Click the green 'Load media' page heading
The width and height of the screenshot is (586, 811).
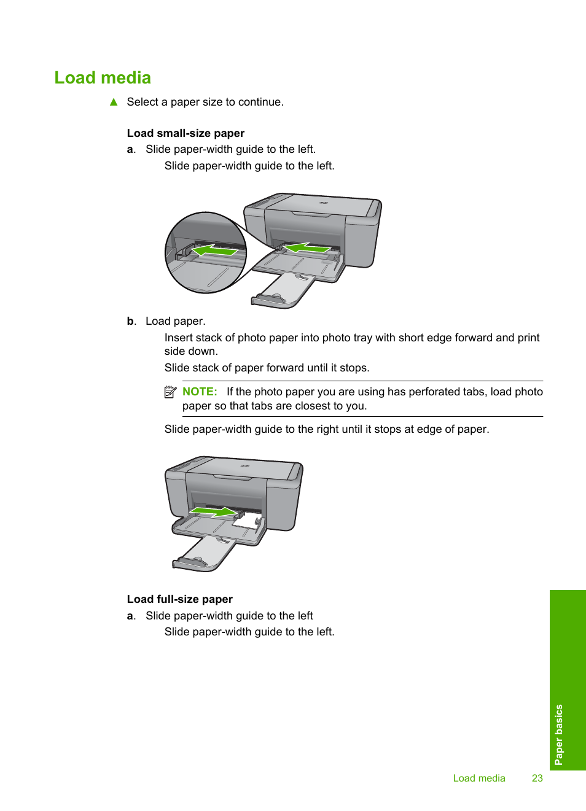[103, 78]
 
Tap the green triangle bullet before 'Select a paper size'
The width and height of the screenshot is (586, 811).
[114, 102]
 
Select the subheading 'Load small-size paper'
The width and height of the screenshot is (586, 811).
[186, 133]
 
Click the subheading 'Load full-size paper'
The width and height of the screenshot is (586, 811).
[179, 599]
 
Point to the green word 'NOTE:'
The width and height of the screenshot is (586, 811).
[200, 392]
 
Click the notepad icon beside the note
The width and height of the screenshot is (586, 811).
[170, 392]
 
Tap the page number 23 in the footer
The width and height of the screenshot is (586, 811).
[537, 778]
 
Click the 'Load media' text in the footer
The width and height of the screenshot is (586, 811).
[479, 778]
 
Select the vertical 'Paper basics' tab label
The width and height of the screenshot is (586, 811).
[558, 734]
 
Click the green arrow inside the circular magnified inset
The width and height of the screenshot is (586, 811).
[214, 250]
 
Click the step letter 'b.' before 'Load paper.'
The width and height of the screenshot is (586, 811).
[131, 321]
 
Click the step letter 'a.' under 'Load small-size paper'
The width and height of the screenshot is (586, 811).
[131, 149]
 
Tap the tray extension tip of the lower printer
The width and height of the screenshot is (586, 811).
[190, 562]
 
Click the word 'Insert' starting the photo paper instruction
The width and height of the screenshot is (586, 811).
[179, 338]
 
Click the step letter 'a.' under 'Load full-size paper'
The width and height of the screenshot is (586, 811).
[131, 616]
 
